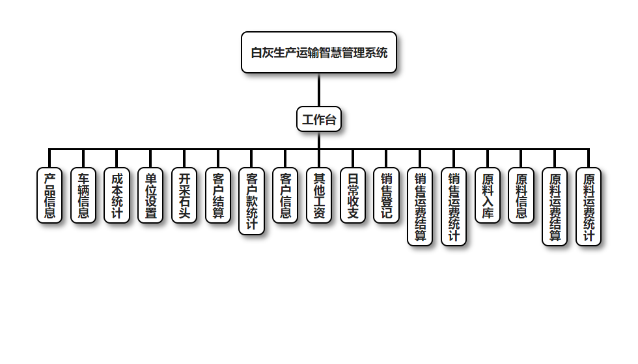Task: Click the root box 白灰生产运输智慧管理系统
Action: (319, 53)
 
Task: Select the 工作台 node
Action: (319, 120)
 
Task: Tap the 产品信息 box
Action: (49, 195)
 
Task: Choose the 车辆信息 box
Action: (83, 195)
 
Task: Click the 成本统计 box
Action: (117, 195)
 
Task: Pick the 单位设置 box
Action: (150, 195)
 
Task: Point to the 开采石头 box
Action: (184, 195)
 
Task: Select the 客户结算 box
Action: (218, 195)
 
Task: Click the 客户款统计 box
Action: (252, 201)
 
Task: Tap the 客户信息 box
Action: (285, 195)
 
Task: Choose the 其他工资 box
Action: (319, 195)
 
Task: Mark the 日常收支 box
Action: (353, 195)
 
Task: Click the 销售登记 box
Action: (387, 195)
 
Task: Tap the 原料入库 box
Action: (488, 195)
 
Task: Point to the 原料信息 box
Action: (521, 195)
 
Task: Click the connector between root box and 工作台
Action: (319, 90)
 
